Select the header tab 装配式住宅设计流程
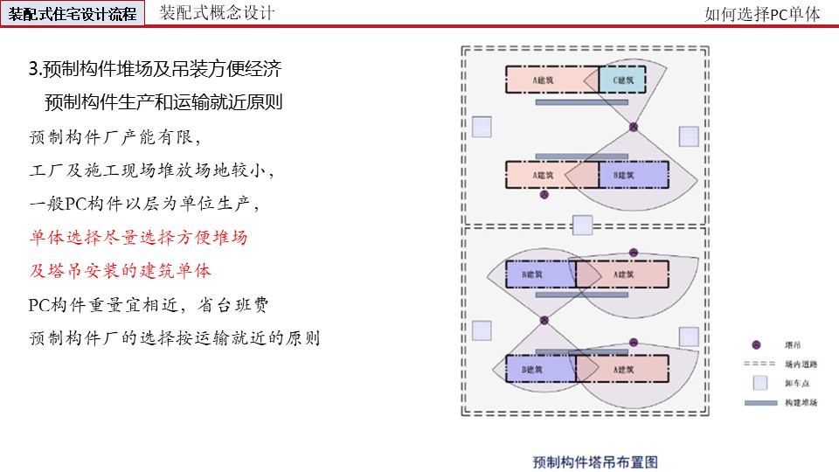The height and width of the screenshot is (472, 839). [73, 14]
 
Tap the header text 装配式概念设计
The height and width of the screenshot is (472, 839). [217, 13]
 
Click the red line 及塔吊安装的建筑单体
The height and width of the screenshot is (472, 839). [121, 270]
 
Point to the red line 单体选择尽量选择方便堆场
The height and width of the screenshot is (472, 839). [138, 237]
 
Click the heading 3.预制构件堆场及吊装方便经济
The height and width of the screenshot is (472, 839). [155, 69]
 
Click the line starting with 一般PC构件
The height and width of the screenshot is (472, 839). [145, 204]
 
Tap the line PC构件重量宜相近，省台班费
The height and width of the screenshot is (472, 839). [149, 304]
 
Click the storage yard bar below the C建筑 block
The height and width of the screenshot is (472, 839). [581, 102]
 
